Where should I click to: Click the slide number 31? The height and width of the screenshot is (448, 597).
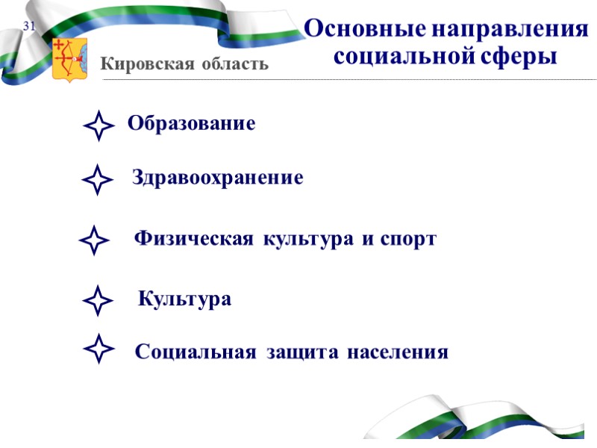pyautogui.click(x=30, y=27)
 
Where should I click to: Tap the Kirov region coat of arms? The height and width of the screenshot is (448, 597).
pyautogui.click(x=69, y=59)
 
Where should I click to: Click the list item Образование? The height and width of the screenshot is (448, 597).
pyautogui.click(x=191, y=124)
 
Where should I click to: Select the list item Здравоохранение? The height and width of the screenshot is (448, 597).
pyautogui.click(x=217, y=178)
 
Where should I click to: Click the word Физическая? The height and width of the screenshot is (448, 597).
pyautogui.click(x=193, y=240)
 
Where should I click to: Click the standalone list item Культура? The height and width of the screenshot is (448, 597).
pyautogui.click(x=185, y=300)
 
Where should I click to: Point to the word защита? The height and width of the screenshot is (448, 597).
pyautogui.click(x=301, y=352)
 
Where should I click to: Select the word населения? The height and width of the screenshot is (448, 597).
pyautogui.click(x=397, y=352)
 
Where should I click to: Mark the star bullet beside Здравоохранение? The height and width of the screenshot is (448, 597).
pyautogui.click(x=97, y=181)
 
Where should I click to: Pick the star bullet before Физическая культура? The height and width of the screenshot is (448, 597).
pyautogui.click(x=93, y=240)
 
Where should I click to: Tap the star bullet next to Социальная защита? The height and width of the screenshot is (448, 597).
pyautogui.click(x=99, y=349)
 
